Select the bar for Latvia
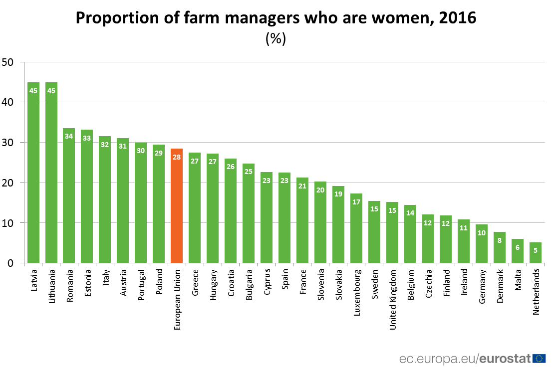33,172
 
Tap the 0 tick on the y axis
10,263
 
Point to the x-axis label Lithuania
51,286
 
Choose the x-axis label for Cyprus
267,282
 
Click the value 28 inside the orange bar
177,157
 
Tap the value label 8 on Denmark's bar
500,240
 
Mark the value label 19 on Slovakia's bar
338,194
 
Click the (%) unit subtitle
276,39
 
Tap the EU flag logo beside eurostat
539,358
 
